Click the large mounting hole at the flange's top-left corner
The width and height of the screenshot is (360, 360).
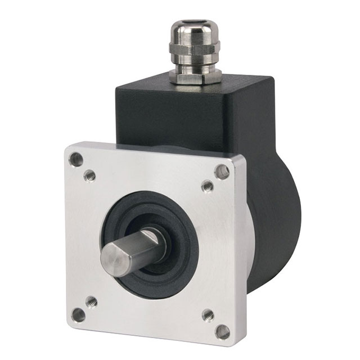[x=76, y=159]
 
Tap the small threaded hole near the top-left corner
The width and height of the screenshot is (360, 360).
[x=89, y=176]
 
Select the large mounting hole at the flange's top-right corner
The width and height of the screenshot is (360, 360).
[x=223, y=172]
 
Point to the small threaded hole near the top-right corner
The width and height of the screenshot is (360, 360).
[x=208, y=186]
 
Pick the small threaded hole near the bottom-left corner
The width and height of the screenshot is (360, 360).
[x=91, y=301]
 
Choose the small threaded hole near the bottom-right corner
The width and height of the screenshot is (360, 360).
[x=208, y=315]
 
